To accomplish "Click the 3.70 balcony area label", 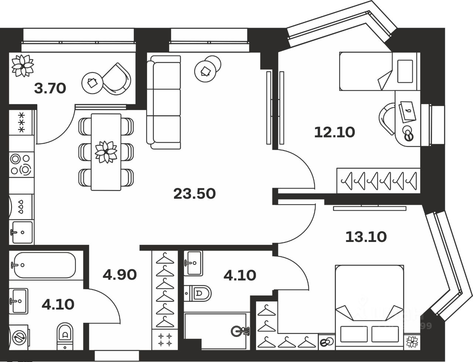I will point(50,88).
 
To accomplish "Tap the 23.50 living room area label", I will point(194,194).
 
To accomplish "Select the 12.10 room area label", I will point(334,132).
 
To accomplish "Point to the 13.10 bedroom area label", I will point(366,236).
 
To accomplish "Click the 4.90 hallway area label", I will point(120,274).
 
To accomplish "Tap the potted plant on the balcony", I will point(23,65).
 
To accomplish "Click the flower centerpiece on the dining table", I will point(106,152).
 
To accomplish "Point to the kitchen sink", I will point(22,232).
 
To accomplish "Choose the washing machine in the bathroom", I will point(19,337).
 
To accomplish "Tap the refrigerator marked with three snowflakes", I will point(21,122).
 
